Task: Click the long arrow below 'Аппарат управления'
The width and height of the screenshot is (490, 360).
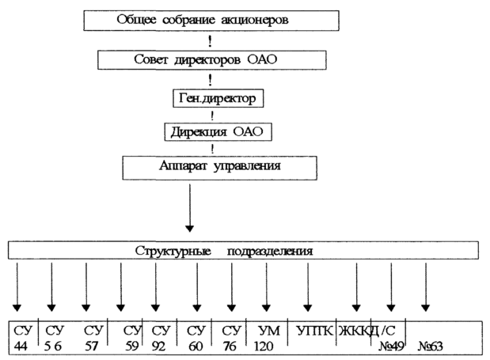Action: (188, 207)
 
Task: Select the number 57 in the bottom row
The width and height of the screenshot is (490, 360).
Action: (93, 345)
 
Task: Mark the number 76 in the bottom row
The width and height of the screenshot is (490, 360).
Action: (232, 345)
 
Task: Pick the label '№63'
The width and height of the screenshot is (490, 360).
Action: (431, 345)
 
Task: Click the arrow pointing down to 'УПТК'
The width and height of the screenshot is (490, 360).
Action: (307, 286)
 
